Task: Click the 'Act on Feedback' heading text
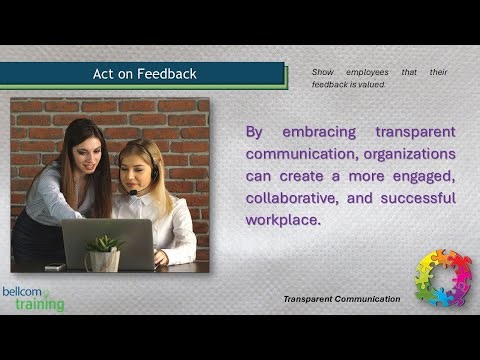point(144,74)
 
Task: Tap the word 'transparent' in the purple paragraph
point(415,132)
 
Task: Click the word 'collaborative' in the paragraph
point(290,198)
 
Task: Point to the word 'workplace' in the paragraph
point(283,220)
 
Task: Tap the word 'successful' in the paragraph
point(413,198)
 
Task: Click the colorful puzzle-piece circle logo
point(443,277)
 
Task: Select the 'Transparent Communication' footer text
point(341,299)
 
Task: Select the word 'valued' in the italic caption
point(369,85)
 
